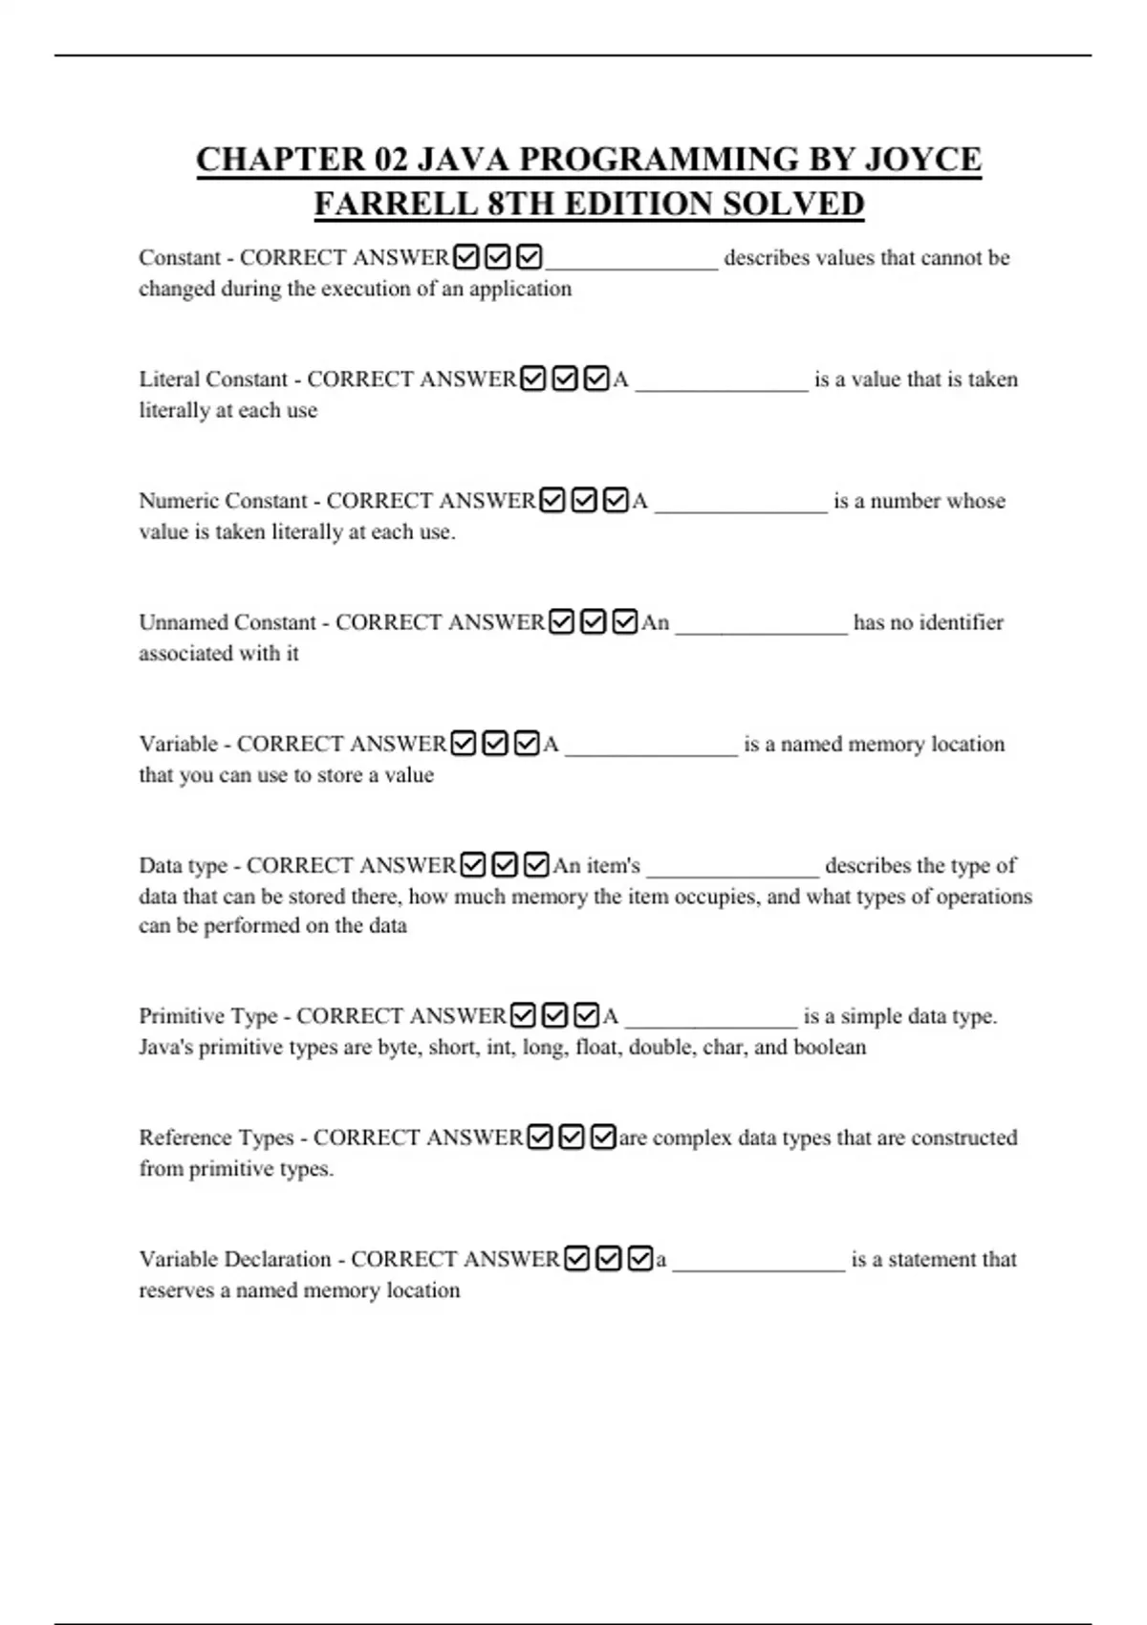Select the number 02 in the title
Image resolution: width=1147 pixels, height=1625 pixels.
391,159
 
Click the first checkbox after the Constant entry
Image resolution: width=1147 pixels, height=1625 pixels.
466,257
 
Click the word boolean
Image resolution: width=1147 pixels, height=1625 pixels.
830,1047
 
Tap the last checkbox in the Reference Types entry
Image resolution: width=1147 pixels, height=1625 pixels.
603,1137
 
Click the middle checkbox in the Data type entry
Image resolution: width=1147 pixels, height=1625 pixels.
505,865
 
